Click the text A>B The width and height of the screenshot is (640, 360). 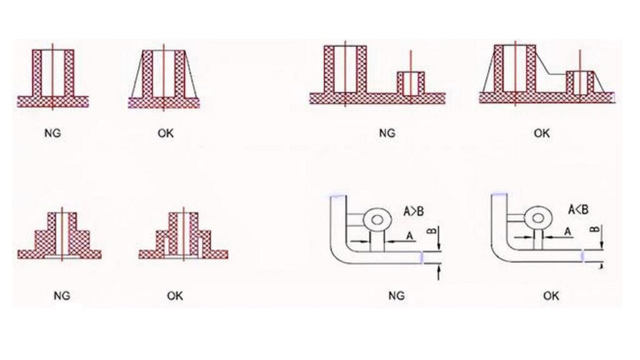point(414,212)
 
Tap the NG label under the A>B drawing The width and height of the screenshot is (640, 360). point(396,295)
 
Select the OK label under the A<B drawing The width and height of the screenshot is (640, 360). point(550,295)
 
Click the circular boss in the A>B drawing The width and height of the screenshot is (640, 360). point(377,219)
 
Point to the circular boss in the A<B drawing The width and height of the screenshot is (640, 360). point(536,219)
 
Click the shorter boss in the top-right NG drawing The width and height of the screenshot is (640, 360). point(411,82)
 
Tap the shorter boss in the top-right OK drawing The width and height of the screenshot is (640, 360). point(579,82)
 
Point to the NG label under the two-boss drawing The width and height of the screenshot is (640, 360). point(387,133)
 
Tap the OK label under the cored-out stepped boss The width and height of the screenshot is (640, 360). point(175,295)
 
